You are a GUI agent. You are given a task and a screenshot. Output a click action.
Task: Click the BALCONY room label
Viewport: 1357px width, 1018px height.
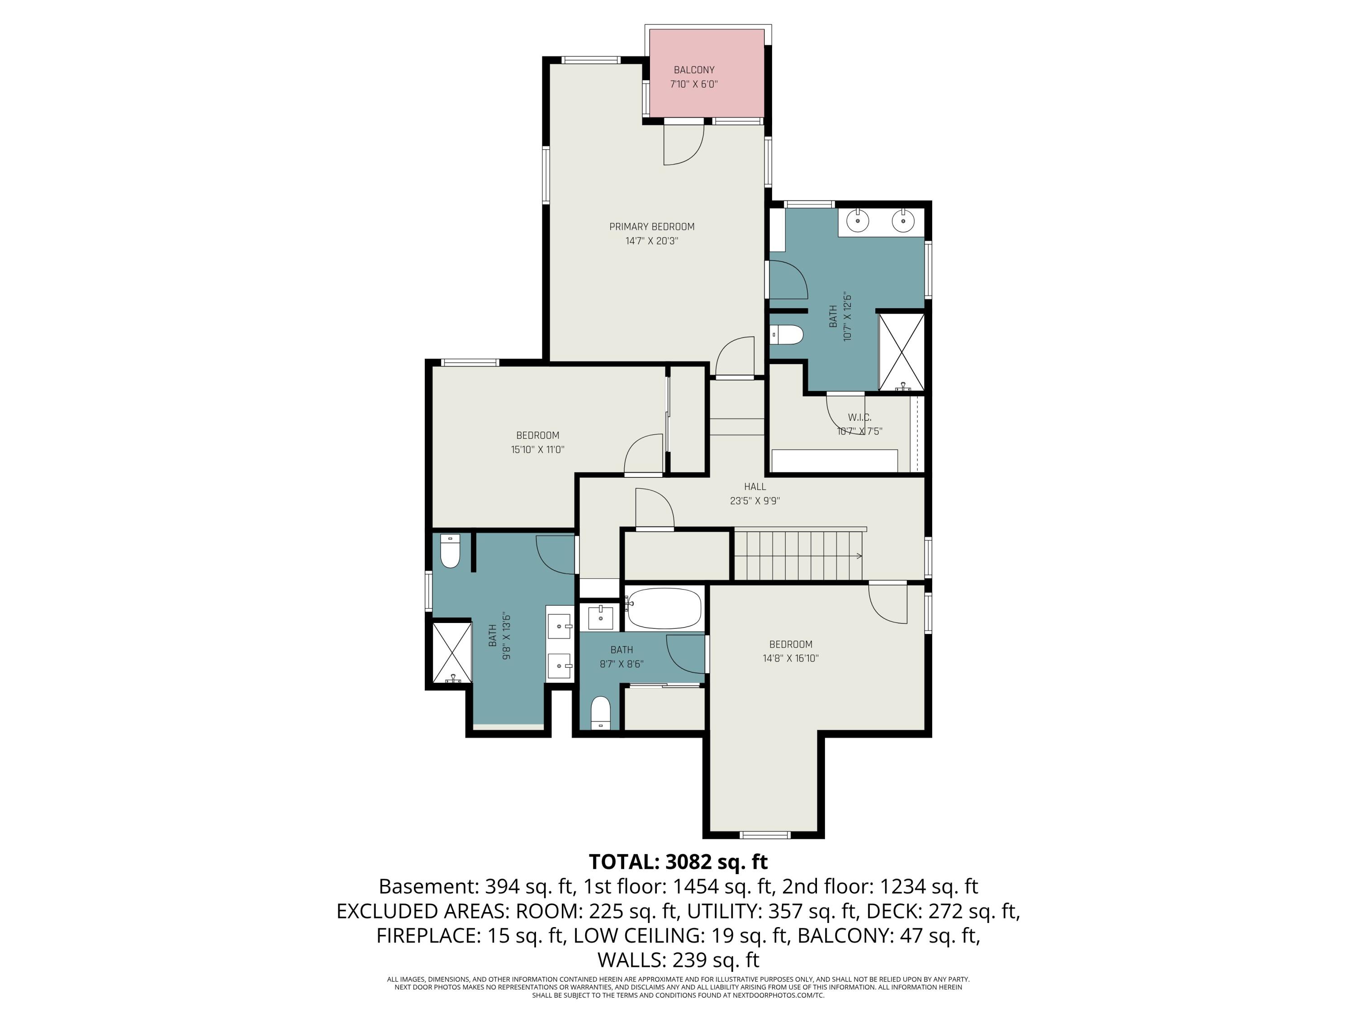[694, 70]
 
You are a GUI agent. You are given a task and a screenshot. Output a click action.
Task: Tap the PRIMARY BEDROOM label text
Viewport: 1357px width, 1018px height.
[651, 226]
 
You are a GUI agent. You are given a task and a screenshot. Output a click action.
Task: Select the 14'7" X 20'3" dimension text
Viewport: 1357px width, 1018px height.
[651, 241]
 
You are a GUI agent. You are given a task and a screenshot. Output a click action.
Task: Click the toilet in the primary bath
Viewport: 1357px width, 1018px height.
[787, 335]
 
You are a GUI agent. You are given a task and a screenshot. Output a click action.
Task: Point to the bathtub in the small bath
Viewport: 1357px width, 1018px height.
[663, 609]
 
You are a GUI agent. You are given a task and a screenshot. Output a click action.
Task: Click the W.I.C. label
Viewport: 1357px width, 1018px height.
[859, 417]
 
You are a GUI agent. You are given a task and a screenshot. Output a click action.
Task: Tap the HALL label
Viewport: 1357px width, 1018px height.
[754, 486]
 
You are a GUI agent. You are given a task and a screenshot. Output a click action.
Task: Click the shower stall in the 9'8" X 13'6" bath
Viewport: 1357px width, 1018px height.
[453, 652]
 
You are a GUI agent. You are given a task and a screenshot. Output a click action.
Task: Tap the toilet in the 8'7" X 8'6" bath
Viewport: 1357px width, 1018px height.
[601, 713]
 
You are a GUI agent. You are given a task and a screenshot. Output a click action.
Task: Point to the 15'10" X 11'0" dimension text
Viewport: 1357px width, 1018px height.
[537, 449]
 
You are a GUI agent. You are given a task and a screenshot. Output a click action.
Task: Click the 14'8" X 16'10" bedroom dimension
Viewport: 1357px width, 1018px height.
[791, 658]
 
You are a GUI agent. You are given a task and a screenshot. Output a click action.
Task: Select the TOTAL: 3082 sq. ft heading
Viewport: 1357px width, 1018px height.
[678, 861]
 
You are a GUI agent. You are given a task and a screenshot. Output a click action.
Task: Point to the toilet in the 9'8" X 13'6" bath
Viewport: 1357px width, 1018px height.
[450, 551]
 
